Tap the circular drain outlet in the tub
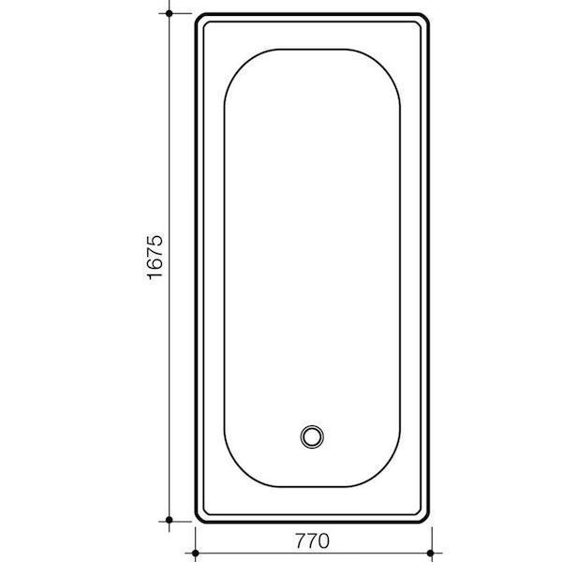pyautogui.click(x=312, y=436)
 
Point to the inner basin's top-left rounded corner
pyautogui.click(x=236, y=63)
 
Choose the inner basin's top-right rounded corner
pyautogui.click(x=390, y=63)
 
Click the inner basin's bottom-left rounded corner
pyautogui.click(x=236, y=471)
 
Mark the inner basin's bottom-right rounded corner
pyautogui.click(x=390, y=471)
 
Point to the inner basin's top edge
pyautogui.click(x=313, y=49)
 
